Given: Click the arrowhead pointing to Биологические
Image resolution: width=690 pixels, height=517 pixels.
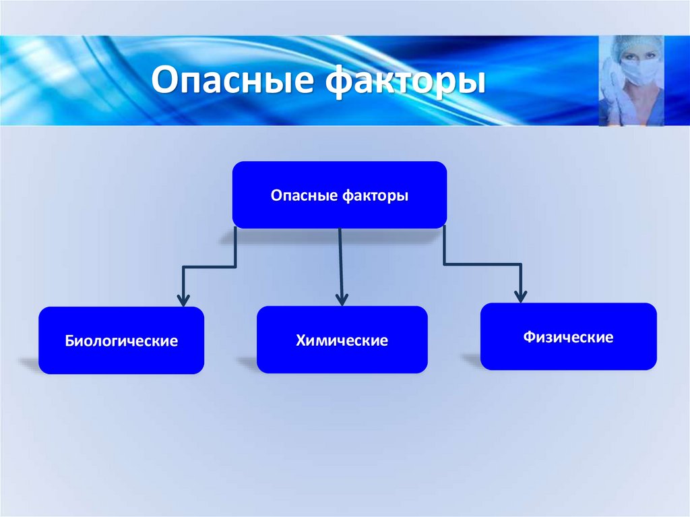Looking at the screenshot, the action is pyautogui.click(x=182, y=299).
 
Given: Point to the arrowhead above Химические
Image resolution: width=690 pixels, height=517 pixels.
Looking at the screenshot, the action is pyautogui.click(x=342, y=299).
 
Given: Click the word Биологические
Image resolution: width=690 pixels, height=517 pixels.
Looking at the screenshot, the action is pyautogui.click(x=121, y=341).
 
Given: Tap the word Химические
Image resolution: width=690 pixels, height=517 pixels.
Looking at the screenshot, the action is pyautogui.click(x=342, y=340).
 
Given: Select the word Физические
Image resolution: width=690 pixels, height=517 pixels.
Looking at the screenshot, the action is pyautogui.click(x=568, y=337).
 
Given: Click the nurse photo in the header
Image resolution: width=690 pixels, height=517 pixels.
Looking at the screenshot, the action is pyautogui.click(x=631, y=81).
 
